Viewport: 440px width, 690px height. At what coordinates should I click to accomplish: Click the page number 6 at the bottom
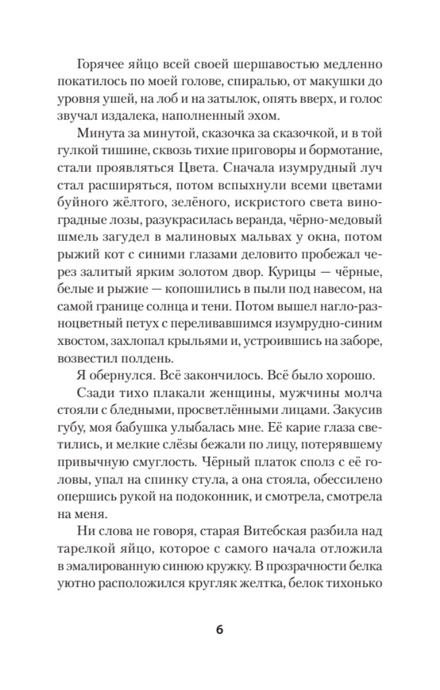click(x=219, y=628)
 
